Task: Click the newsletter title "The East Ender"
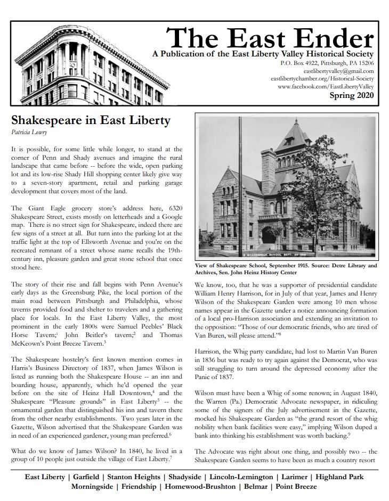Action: tap(270, 38)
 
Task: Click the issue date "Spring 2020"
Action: tap(351, 96)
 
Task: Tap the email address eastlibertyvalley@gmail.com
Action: tap(338, 71)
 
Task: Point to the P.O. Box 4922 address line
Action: tap(327, 63)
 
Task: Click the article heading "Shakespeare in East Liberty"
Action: tap(91, 120)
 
